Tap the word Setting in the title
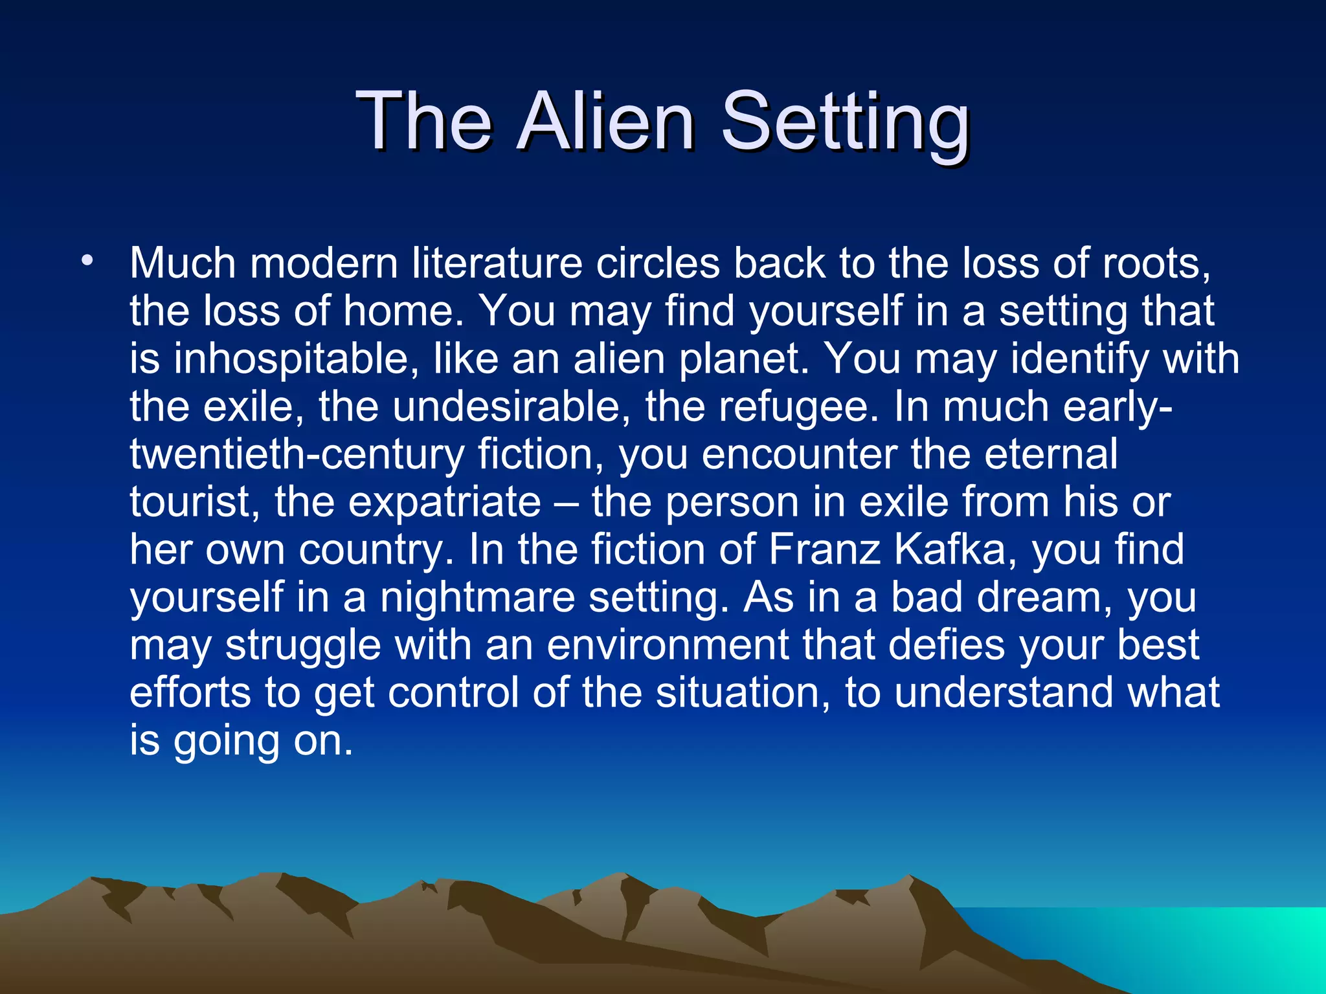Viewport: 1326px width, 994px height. [844, 123]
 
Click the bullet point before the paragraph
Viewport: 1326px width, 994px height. [87, 261]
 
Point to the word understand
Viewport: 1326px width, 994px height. [1003, 692]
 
